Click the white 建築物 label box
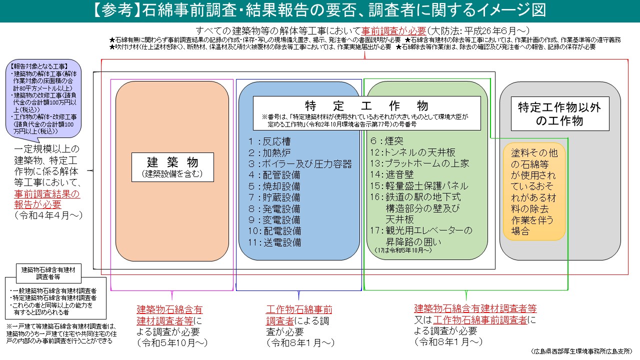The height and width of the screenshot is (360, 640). [x=172, y=167]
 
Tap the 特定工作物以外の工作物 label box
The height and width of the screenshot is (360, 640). [x=559, y=113]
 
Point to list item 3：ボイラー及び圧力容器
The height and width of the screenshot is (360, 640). [x=299, y=164]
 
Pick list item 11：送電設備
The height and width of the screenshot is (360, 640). [x=276, y=243]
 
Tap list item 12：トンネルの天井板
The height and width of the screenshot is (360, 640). [x=412, y=152]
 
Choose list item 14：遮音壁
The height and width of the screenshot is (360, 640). [x=392, y=175]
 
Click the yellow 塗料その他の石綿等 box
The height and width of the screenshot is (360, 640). [x=534, y=191]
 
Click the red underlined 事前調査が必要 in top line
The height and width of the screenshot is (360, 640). [x=394, y=30]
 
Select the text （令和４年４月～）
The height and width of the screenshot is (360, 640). [x=48, y=215]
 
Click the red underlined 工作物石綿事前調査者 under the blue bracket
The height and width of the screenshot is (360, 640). [x=299, y=314]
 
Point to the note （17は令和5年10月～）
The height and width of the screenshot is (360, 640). [x=402, y=250]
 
